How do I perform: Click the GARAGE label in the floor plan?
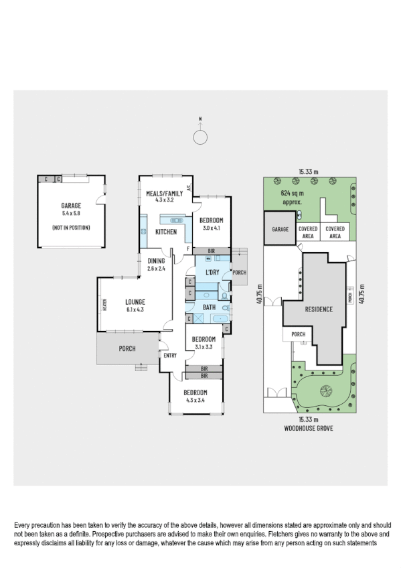(71, 206)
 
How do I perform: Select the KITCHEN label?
(166, 232)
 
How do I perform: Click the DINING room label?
(155, 262)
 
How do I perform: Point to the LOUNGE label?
(135, 302)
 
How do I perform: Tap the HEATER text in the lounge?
(104, 305)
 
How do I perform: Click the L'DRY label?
(212, 271)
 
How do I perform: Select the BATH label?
(209, 307)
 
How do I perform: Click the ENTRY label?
(169, 355)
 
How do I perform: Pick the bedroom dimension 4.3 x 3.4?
(196, 401)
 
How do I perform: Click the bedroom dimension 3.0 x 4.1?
(212, 228)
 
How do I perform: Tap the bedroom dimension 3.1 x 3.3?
(203, 347)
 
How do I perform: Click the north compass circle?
(200, 137)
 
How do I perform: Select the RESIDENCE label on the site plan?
(319, 310)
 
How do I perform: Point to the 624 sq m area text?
(292, 193)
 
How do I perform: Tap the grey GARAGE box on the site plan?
(280, 228)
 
